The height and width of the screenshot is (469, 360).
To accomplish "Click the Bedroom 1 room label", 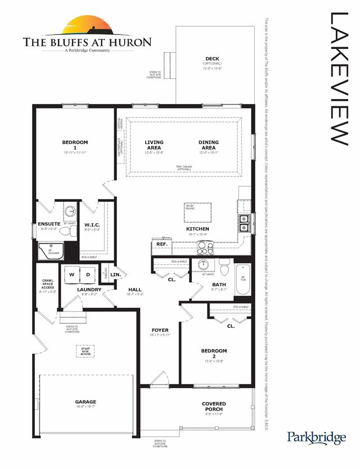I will [x=75, y=142].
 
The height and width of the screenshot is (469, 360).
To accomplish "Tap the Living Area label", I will [x=154, y=142].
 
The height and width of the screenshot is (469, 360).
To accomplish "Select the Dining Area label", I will [x=208, y=142].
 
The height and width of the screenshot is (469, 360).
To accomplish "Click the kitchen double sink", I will [x=245, y=223].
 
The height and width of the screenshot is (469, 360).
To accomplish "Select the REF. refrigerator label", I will [x=162, y=244].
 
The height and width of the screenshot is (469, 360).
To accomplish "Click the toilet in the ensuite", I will [x=70, y=211].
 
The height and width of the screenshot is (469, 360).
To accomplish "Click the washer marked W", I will [x=72, y=274].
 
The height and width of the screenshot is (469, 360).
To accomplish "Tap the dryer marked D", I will [x=88, y=274].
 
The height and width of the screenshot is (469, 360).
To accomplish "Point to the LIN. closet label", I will [x=116, y=275].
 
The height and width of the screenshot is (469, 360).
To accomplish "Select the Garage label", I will [x=86, y=402].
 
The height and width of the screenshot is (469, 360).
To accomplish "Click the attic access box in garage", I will [x=85, y=351].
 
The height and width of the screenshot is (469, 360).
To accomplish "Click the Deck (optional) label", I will [x=211, y=58].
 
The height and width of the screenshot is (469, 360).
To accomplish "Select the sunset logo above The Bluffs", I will [x=87, y=26].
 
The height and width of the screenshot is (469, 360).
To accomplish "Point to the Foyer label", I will [x=160, y=330].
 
